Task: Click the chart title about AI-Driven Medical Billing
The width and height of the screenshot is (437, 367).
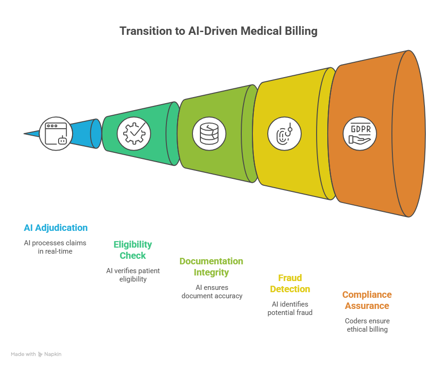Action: tap(218, 31)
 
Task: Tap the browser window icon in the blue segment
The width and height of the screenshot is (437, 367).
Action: tap(56, 133)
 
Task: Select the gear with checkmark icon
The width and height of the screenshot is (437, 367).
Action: tap(134, 133)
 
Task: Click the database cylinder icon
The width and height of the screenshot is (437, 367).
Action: tap(209, 134)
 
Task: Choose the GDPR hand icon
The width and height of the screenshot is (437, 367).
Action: tap(360, 134)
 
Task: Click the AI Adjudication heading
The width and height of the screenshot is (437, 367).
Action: tap(56, 228)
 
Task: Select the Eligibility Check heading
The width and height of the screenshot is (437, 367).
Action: tap(133, 250)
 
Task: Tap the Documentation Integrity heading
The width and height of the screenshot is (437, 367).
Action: tap(212, 267)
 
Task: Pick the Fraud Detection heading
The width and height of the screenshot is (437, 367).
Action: tap(290, 283)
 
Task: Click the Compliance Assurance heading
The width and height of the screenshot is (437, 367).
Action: tap(367, 300)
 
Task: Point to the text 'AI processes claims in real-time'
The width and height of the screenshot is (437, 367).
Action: tap(56, 247)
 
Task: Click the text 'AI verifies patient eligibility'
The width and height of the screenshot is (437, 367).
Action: tap(133, 275)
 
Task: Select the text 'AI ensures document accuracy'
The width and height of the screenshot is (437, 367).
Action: tap(212, 292)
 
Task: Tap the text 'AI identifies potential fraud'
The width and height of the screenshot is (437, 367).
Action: tap(290, 308)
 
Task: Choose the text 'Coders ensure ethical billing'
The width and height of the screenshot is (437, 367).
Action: tap(367, 325)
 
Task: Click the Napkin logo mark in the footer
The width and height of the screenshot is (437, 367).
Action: tap(40, 354)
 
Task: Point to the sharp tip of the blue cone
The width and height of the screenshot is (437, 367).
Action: tap(25, 134)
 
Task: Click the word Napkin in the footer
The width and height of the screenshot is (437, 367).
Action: tap(53, 354)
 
